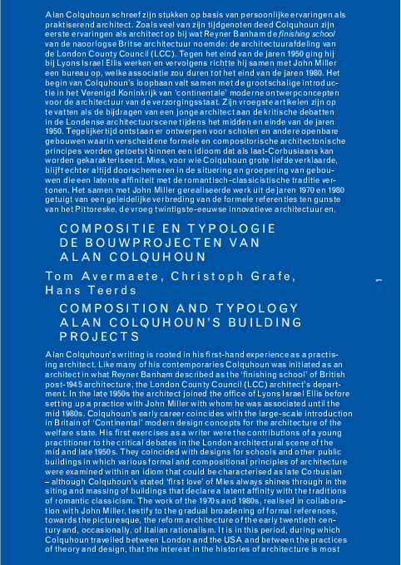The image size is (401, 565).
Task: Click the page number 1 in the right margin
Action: [x=379, y=282]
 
